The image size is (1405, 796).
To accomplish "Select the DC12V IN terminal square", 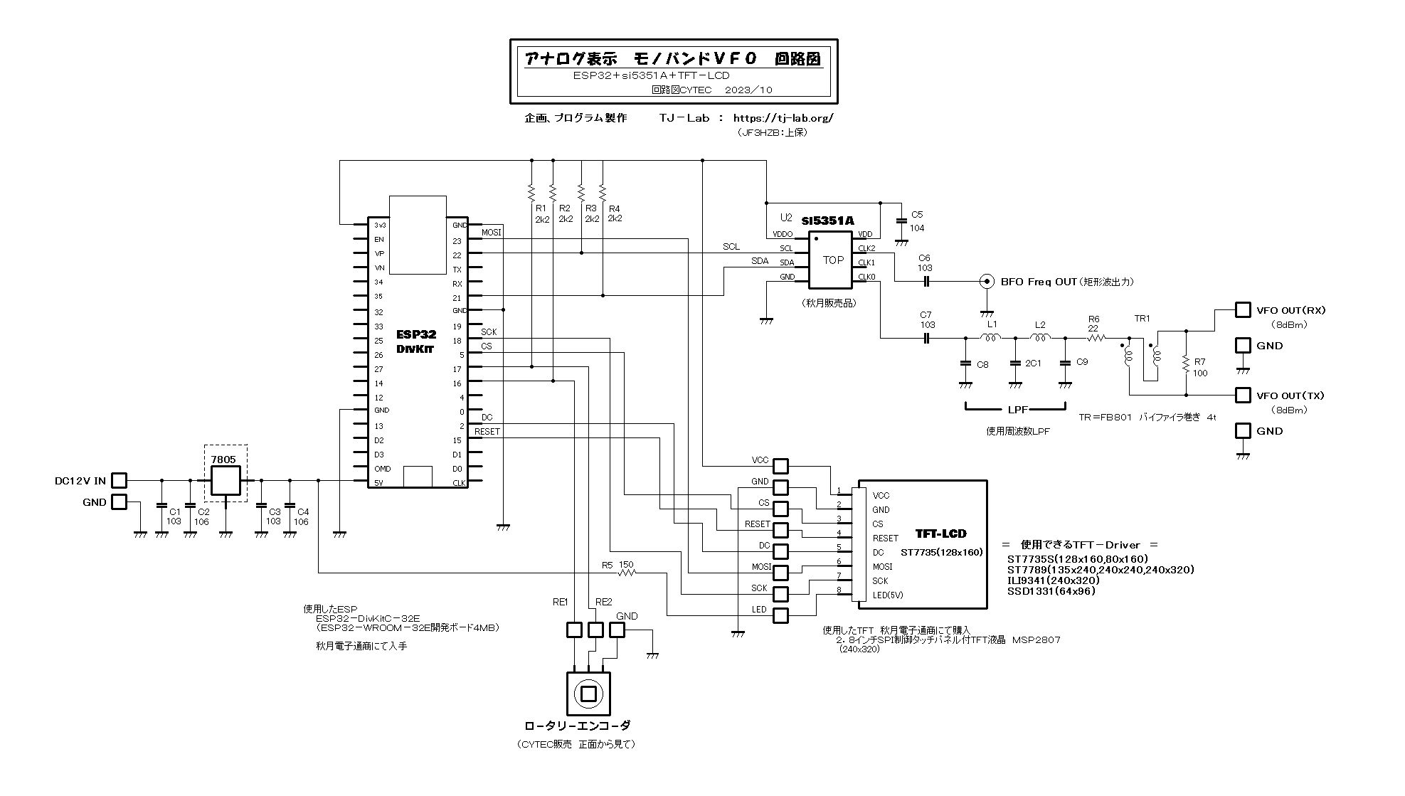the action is tap(120, 481).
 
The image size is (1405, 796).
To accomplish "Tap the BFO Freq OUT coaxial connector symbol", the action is tap(987, 281).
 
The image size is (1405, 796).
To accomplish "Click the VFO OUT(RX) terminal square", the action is tap(1243, 310).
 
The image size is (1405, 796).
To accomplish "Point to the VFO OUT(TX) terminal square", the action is tap(1243, 395).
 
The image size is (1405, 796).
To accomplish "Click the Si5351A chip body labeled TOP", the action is tap(829, 260).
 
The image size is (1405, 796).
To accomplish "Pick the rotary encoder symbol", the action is tap(588, 694).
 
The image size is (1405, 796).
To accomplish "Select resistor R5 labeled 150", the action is tap(627, 573).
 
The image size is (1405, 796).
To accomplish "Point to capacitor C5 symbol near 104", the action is tap(901, 221).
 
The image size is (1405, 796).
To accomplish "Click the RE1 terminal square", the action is tap(574, 630).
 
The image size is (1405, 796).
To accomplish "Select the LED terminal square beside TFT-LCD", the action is tap(780, 615).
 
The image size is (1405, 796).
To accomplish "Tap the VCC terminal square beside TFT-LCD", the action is tap(780, 466).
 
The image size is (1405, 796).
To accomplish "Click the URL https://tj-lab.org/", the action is tap(783, 118).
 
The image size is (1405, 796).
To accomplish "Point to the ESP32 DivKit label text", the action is tap(416, 341).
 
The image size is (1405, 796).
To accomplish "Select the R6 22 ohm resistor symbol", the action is tap(1096, 338).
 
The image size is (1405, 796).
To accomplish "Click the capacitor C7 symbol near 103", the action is tap(926, 338).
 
